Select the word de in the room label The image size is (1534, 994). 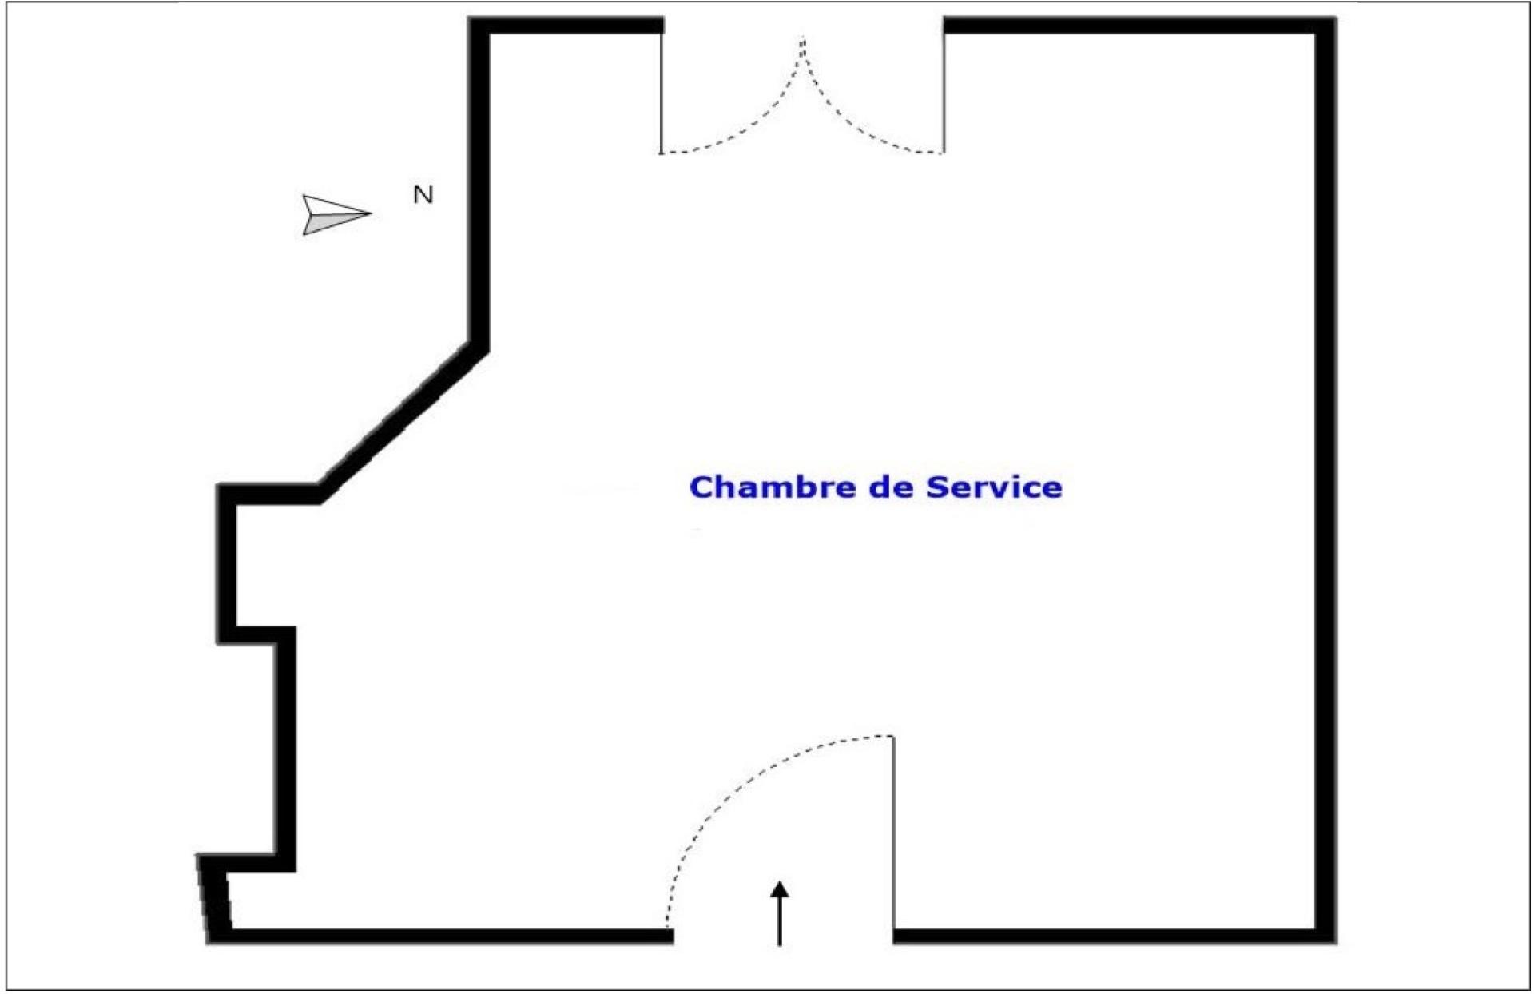(891, 487)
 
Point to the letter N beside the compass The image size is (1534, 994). (423, 195)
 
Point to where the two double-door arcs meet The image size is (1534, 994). (803, 40)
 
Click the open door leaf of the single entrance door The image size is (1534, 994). (893, 831)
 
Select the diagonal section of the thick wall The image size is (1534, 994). (399, 419)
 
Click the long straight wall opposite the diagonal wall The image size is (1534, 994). (1325, 479)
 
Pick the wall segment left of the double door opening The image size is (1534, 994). (567, 26)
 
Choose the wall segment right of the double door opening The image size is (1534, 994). (1135, 26)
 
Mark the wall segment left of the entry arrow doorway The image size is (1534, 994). (447, 936)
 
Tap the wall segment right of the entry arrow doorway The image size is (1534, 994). (1111, 936)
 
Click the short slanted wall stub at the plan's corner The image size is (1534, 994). (214, 899)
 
